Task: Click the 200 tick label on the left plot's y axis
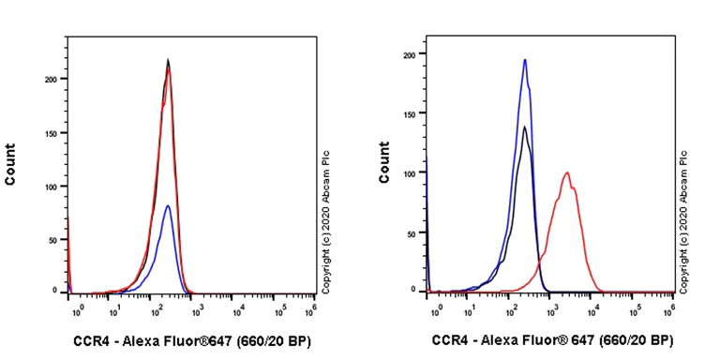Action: [x=52, y=80]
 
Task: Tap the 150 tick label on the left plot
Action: [x=52, y=133]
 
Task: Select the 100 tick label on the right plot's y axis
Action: [x=409, y=173]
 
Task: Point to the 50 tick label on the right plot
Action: [x=412, y=232]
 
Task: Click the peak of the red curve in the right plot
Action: [x=567, y=172]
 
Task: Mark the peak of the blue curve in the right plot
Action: [x=525, y=60]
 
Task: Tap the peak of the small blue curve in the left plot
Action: [x=168, y=205]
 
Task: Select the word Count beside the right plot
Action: [x=384, y=161]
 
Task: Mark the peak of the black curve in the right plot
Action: [x=525, y=127]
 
